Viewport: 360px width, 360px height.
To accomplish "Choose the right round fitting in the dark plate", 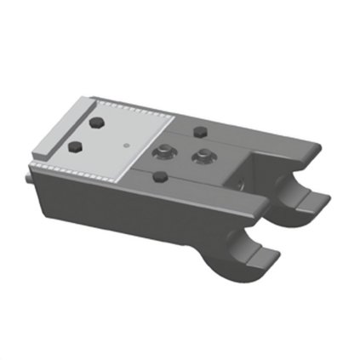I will [203, 156].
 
